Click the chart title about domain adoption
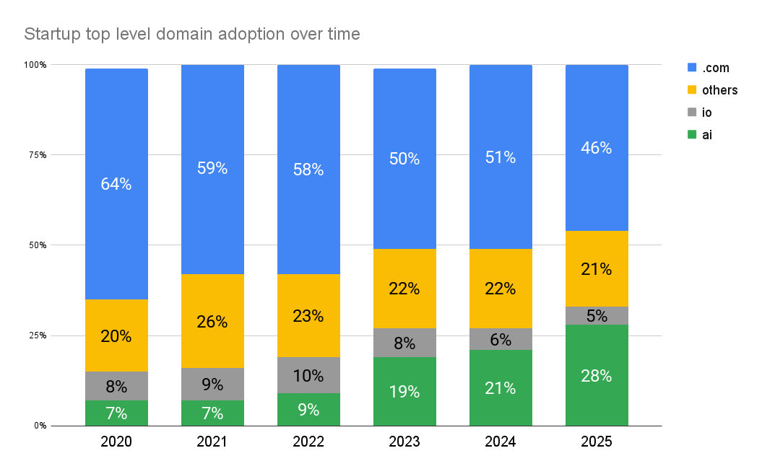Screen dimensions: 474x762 point(191,34)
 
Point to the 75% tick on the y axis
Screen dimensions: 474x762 point(38,155)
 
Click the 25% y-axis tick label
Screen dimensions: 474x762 point(38,335)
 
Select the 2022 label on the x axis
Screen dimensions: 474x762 point(308,442)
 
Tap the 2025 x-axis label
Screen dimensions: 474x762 point(596,442)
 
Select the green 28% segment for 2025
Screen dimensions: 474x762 point(597,375)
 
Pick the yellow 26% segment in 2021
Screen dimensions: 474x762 point(212,322)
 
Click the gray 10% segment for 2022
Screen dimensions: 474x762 point(308,375)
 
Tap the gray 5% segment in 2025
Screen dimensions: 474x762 point(597,315)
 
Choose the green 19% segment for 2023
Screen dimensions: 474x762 point(404,392)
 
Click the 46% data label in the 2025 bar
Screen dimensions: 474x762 point(597,148)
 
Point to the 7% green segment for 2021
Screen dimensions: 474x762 point(212,414)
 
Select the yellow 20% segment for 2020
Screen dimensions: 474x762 point(116,335)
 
